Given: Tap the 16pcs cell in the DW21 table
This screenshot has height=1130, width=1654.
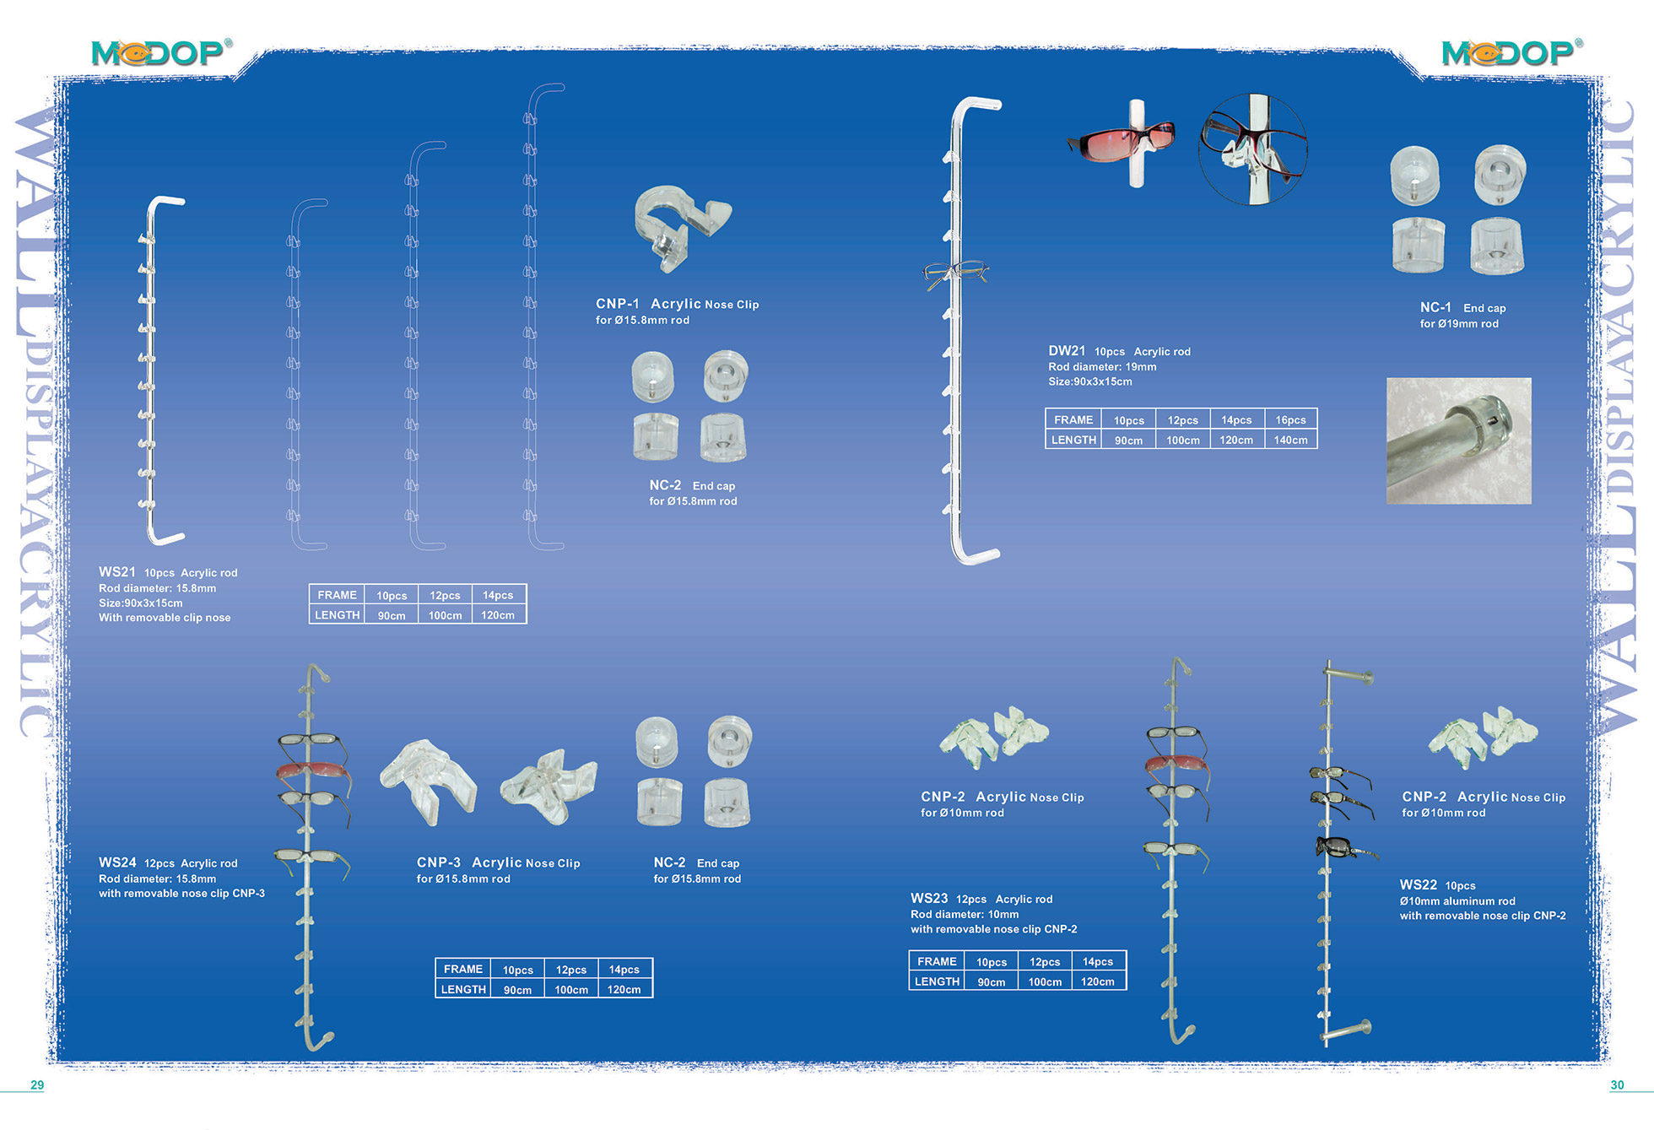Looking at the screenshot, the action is [1290, 419].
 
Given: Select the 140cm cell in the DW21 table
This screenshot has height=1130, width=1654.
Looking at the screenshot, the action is [1290, 440].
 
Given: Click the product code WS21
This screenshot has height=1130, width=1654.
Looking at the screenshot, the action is [117, 572].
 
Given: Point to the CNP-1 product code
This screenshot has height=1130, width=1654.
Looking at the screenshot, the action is [617, 304].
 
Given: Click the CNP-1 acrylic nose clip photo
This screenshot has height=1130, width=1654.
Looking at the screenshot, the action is [682, 228].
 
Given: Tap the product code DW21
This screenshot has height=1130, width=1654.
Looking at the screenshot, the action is [1067, 351].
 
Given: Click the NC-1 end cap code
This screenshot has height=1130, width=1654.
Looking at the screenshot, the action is [1435, 307].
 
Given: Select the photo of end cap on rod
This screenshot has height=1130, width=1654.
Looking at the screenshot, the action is [1458, 441].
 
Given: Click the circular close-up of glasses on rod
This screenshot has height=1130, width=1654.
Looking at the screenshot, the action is [1252, 149].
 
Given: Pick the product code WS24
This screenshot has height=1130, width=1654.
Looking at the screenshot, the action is [117, 862].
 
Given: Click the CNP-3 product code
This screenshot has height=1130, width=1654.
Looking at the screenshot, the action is [438, 862].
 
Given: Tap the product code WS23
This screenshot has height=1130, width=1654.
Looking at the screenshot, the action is [929, 899].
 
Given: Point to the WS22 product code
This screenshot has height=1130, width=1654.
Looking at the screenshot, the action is [1418, 884].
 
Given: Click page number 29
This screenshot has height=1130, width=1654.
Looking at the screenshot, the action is [37, 1085].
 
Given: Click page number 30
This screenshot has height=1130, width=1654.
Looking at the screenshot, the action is [1617, 1085].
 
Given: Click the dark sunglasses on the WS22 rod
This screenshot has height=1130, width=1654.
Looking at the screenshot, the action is [1343, 847].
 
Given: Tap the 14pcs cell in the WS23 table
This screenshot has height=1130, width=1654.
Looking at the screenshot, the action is [1098, 961].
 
